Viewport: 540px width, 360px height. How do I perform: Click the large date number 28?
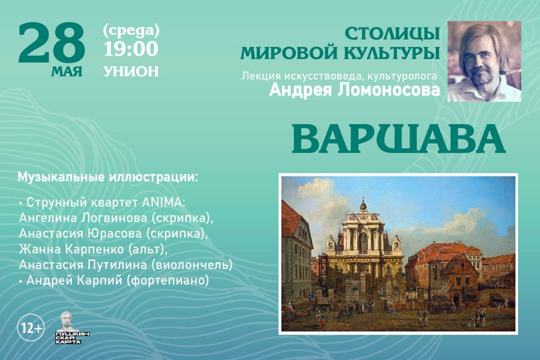[51, 43]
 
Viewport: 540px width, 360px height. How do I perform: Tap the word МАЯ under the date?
[67, 72]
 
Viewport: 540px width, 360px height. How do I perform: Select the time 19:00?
[131, 49]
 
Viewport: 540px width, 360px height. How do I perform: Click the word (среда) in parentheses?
[131, 32]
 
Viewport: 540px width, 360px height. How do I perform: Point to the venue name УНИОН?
[131, 71]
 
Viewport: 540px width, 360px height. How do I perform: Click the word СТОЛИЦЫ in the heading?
[392, 34]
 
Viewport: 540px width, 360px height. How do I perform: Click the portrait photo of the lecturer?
[484, 61]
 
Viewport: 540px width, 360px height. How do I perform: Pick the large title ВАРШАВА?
[398, 139]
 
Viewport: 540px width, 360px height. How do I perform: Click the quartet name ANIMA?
[164, 202]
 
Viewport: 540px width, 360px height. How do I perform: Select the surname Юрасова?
[114, 234]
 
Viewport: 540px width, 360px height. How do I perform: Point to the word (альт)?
[148, 249]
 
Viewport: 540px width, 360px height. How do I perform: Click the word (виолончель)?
[192, 265]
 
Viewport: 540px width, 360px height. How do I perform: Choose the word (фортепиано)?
[167, 281]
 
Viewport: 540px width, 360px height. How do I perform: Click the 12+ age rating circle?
[31, 328]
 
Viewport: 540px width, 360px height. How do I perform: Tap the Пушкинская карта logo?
[72, 328]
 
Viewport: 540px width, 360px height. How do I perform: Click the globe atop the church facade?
[363, 206]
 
